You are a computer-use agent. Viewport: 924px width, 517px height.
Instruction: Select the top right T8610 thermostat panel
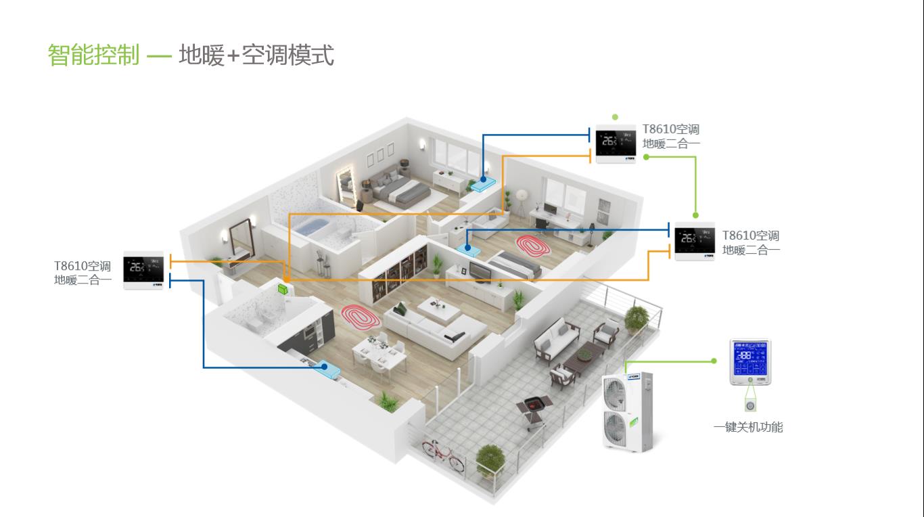point(616,144)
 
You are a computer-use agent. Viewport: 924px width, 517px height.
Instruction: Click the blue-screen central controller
point(750,362)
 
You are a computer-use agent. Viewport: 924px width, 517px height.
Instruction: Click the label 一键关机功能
point(748,427)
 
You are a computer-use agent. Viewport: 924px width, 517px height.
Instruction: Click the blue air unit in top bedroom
point(485,183)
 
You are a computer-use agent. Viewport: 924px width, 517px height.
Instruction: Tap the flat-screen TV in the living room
point(482,271)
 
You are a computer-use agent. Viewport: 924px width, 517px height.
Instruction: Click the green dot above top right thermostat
point(615,116)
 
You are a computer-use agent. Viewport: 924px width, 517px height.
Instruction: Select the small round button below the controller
point(750,405)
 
